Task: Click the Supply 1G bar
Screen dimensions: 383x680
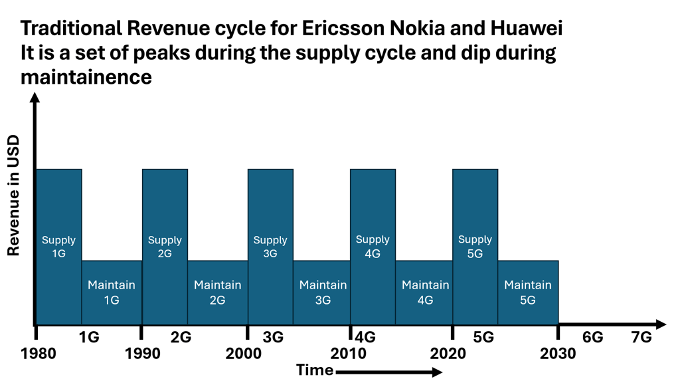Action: [59, 247]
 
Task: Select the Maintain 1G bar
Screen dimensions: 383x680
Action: [112, 293]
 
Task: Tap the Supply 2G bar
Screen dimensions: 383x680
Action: [165, 247]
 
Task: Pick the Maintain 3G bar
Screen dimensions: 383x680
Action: [323, 293]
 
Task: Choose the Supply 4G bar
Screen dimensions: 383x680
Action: [373, 247]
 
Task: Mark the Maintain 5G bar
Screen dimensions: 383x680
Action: [528, 293]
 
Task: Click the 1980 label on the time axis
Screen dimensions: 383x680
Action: [39, 352]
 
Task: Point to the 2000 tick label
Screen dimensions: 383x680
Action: [244, 352]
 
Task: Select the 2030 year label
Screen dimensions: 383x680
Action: [558, 352]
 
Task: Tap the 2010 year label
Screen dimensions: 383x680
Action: [349, 352]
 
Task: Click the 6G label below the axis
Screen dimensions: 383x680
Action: [592, 338]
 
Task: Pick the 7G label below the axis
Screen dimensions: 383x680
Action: [641, 338]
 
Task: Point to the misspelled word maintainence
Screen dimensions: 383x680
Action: [86, 77]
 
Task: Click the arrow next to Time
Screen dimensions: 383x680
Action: [389, 372]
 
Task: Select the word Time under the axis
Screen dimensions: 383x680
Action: [315, 370]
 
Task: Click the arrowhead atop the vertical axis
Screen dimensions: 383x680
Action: [35, 98]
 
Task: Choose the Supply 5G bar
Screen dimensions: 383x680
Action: [475, 247]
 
